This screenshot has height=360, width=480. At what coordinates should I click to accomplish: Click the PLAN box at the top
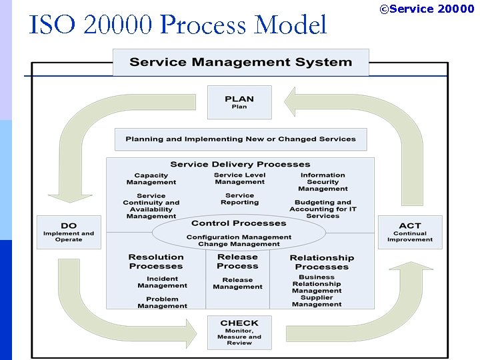239,102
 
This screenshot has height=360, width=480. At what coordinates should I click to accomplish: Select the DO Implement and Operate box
69,232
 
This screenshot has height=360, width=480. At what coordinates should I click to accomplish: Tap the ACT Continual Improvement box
410,232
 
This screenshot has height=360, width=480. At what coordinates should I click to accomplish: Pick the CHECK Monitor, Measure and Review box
239,332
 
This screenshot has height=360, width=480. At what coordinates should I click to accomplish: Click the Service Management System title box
241,63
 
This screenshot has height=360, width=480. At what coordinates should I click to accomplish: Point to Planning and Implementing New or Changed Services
241,139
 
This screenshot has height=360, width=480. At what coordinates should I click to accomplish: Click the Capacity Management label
151,179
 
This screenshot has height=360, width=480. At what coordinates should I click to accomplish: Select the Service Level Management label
240,179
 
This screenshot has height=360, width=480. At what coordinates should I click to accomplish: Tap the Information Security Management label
323,182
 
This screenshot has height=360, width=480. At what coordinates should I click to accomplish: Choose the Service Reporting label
240,199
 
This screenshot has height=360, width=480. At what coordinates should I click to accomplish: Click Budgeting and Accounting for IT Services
323,209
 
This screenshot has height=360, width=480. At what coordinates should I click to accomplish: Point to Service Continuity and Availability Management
151,206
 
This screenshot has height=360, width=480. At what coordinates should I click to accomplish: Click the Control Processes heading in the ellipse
239,223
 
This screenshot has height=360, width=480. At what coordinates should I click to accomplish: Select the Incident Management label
162,282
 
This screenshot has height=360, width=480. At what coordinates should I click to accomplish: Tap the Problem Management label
162,303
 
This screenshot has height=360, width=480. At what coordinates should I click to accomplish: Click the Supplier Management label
317,301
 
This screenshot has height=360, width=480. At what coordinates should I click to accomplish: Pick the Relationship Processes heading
322,262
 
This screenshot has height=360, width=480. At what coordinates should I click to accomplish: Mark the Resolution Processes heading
156,261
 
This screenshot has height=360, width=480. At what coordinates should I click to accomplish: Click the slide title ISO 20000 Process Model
178,25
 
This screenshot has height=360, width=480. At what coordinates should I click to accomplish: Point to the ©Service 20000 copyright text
427,9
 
